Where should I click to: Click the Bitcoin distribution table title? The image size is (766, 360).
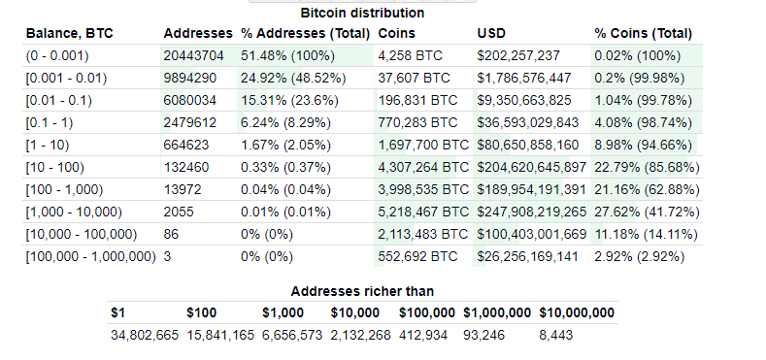[x=362, y=14]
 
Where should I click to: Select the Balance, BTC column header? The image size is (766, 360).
[x=69, y=34]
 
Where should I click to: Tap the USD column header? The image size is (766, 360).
[x=491, y=34]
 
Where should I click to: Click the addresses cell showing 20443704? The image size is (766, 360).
[x=195, y=55]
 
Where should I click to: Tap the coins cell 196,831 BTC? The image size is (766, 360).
[x=417, y=100]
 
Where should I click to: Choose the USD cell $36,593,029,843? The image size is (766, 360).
[x=528, y=122]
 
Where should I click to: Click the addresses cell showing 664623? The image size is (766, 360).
[x=187, y=145]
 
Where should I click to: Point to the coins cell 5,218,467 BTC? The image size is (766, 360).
[x=421, y=212]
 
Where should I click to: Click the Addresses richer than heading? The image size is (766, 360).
[x=362, y=291]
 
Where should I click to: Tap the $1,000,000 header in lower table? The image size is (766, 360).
[x=497, y=312]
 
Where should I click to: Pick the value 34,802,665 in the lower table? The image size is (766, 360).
[x=144, y=335]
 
